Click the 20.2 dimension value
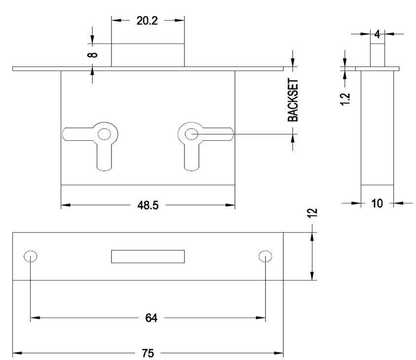pos(147,21)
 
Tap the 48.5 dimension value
pos(148,205)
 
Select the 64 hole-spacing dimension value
pos(151,318)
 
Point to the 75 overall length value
pos(148,353)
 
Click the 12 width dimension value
pos(313,213)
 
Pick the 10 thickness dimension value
pos(377,203)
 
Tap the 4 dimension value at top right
pos(378,34)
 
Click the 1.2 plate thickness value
pos(345,99)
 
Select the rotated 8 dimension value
pos(92,55)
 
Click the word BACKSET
pos(293,100)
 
